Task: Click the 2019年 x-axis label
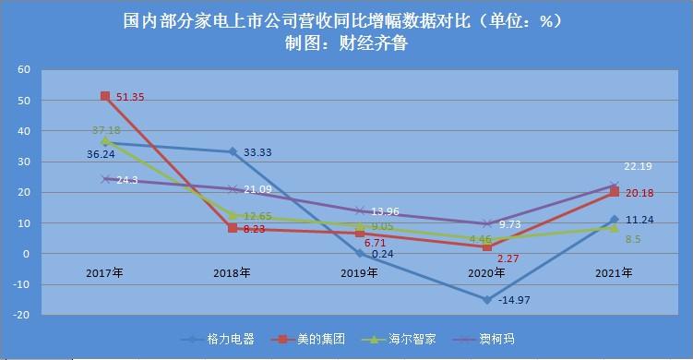[360, 273]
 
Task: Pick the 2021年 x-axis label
[613, 273]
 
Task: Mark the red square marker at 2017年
[105, 96]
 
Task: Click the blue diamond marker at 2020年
[486, 299]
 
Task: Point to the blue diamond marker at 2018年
[232, 151]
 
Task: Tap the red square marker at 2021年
[613, 192]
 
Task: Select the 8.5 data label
[633, 240]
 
